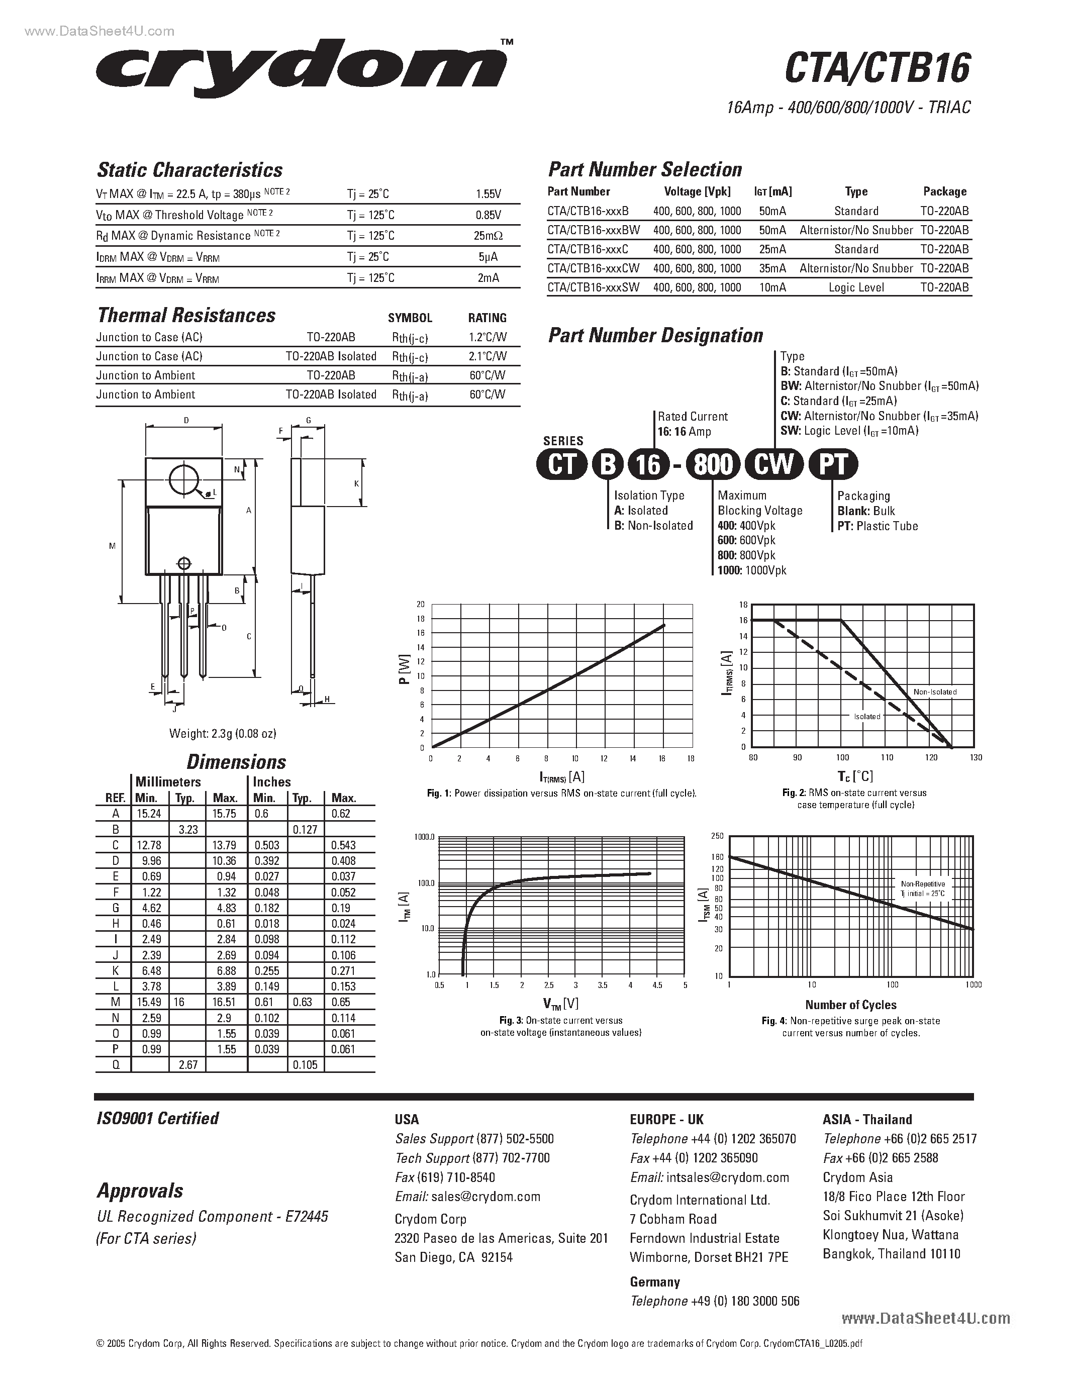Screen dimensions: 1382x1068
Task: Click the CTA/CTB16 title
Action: [x=877, y=68]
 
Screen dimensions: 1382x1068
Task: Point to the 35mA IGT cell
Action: [x=772, y=268]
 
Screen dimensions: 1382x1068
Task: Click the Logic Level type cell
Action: [x=856, y=287]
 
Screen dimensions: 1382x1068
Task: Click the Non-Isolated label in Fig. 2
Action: [x=934, y=692]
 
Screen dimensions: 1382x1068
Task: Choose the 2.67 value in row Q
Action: [x=188, y=1065]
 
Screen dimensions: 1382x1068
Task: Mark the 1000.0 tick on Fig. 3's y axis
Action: [x=424, y=837]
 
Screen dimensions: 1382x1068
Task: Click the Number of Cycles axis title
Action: [x=850, y=1005]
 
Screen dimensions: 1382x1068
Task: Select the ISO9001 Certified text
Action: [x=157, y=1119]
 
